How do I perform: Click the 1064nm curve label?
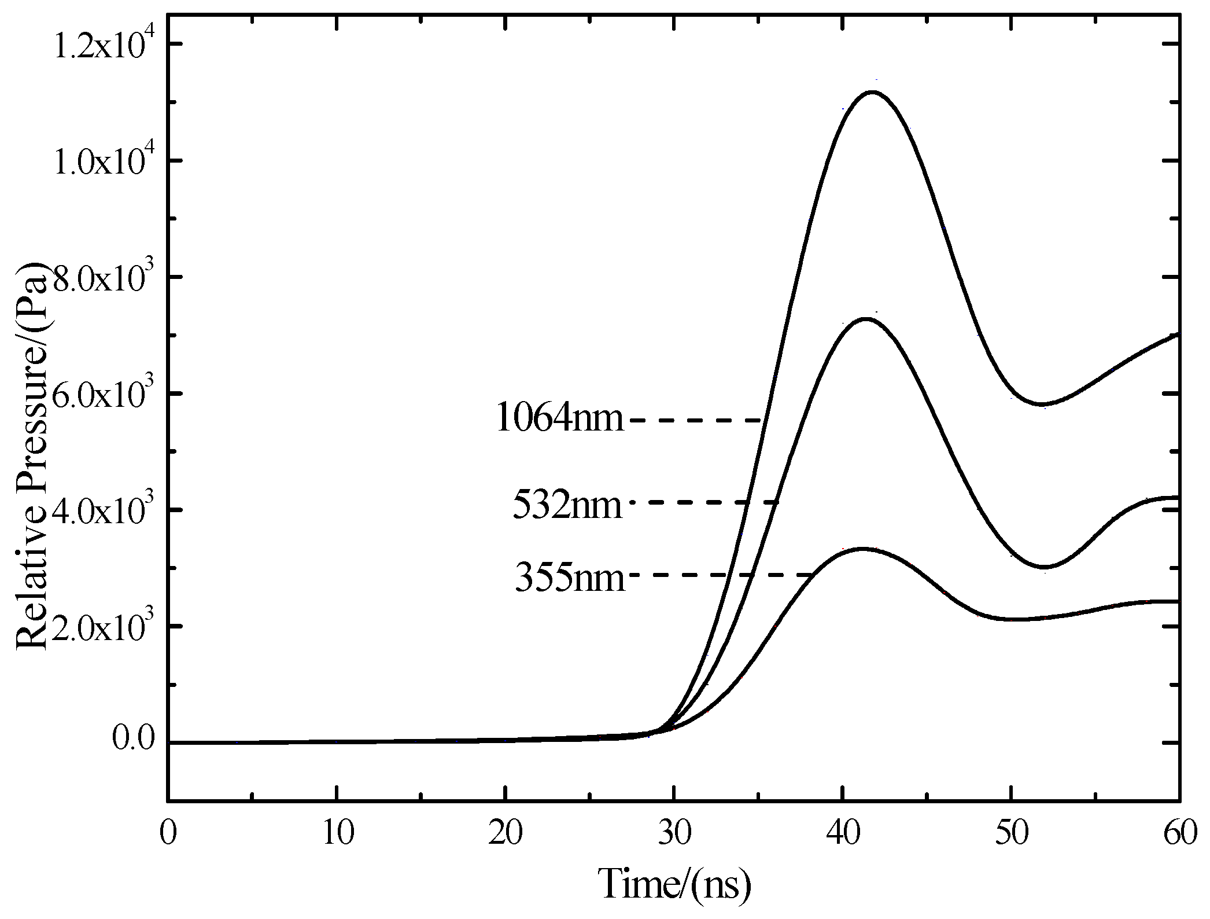click(x=560, y=418)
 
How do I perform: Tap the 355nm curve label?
click(x=570, y=578)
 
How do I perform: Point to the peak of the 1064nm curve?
click(x=872, y=91)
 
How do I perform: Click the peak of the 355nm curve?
click(x=862, y=549)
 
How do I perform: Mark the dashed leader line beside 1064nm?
click(x=697, y=420)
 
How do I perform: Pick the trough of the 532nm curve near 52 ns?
click(x=1044, y=567)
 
